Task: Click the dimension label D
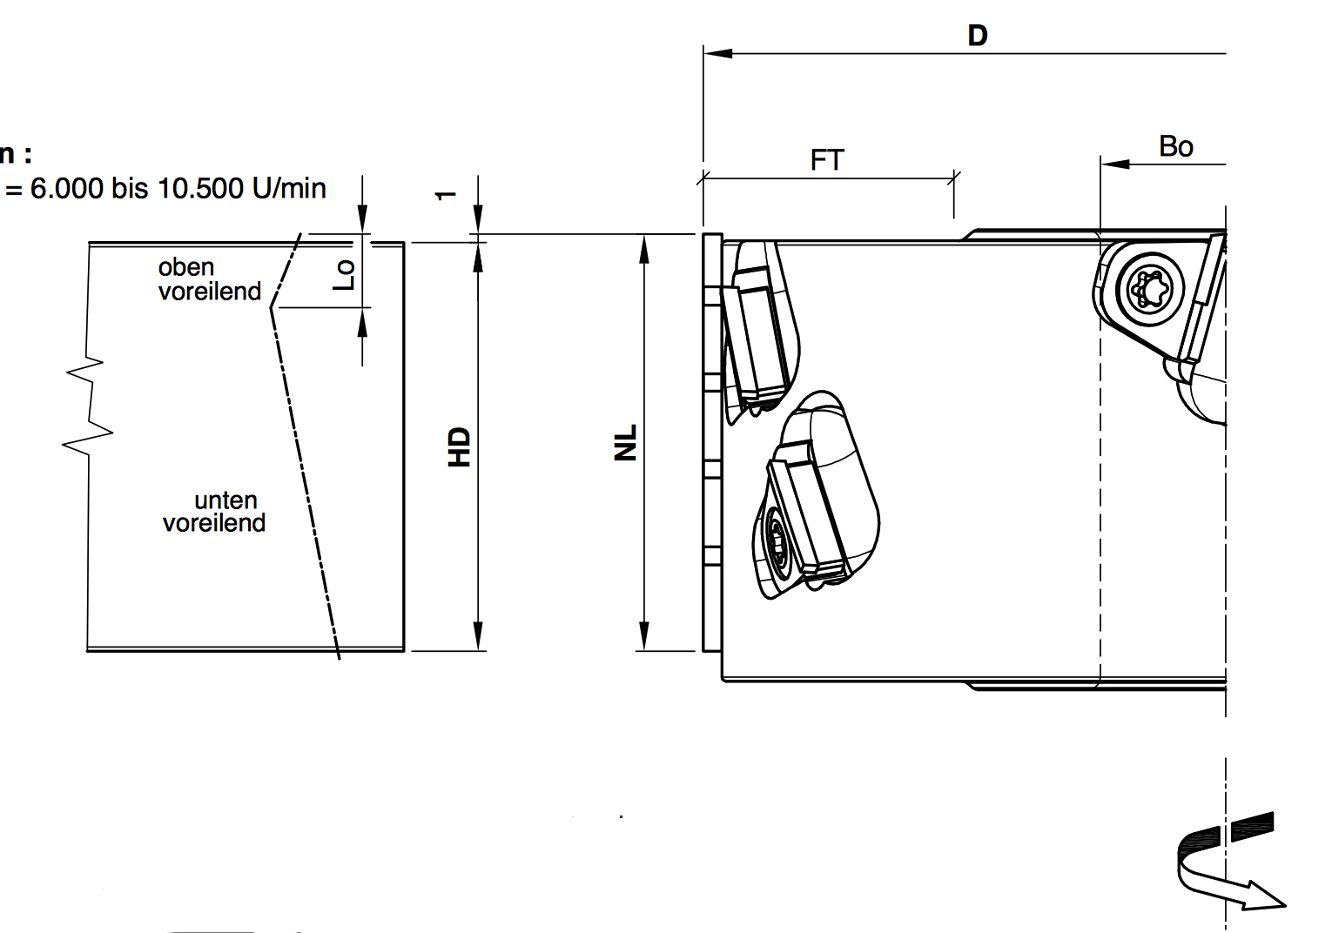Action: (x=978, y=35)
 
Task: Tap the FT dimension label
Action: (x=826, y=160)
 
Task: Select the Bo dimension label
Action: (x=1175, y=146)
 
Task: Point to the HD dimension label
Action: (x=459, y=446)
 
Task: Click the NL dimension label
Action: (x=625, y=442)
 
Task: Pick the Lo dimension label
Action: (x=343, y=275)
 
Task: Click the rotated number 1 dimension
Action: (x=446, y=195)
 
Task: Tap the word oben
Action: (x=185, y=267)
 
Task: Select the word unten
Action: (x=225, y=500)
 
